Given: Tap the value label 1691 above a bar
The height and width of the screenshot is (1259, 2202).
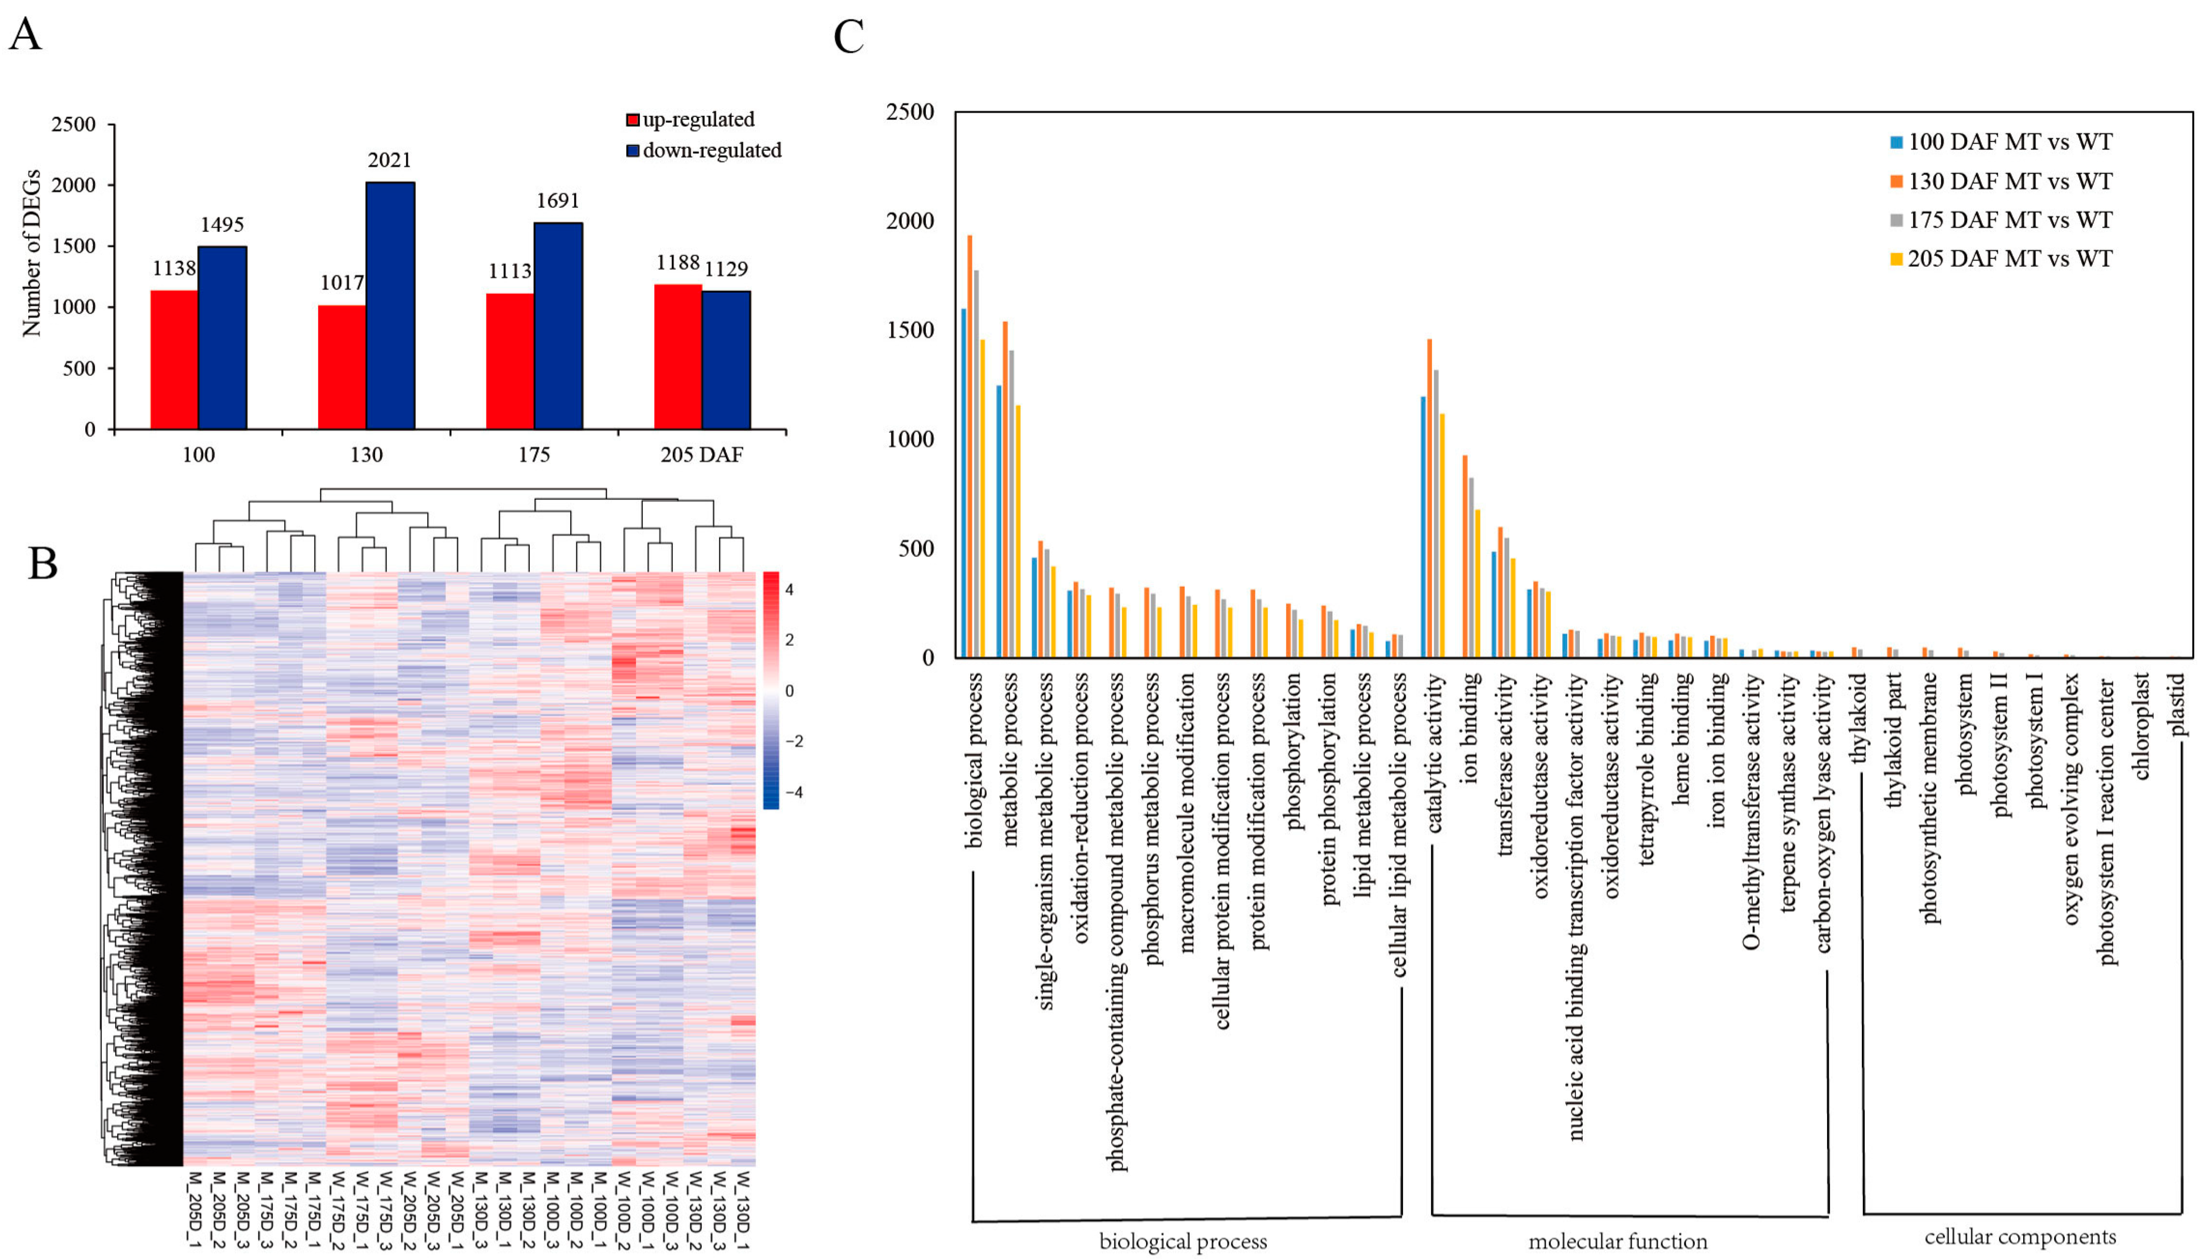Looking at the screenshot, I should (x=558, y=201).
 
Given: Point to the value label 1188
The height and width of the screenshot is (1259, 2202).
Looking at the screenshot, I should (x=678, y=262).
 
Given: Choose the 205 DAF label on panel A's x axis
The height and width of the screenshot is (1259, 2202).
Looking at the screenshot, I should (x=701, y=455).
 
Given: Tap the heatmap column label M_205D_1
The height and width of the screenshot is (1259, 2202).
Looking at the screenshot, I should (x=195, y=1209).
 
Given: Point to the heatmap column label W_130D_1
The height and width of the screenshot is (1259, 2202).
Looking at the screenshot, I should (x=742, y=1209).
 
